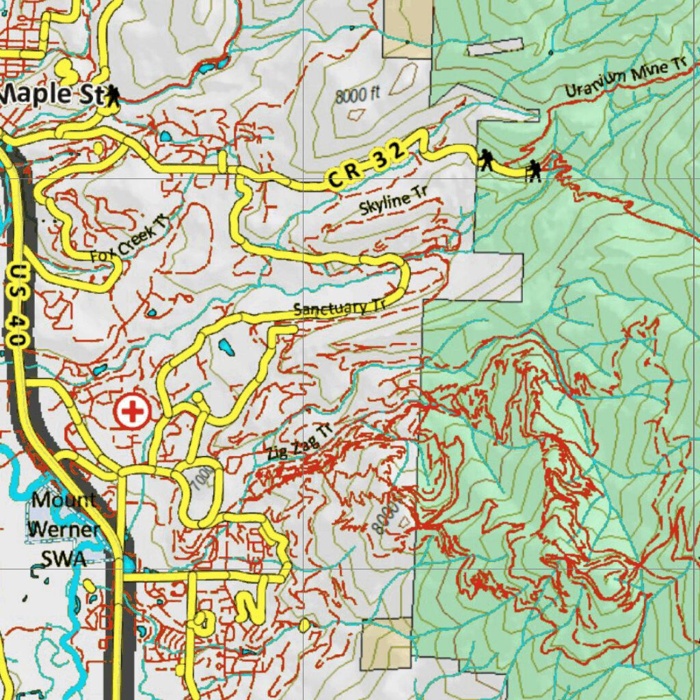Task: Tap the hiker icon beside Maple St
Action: (112, 96)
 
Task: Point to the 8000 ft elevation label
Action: (357, 96)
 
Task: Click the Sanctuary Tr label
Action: (339, 308)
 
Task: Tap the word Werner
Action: (63, 529)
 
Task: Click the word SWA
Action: (63, 558)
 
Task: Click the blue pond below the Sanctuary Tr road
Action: (226, 349)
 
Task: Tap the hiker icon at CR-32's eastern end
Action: (534, 171)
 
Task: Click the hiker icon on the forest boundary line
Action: (485, 160)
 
